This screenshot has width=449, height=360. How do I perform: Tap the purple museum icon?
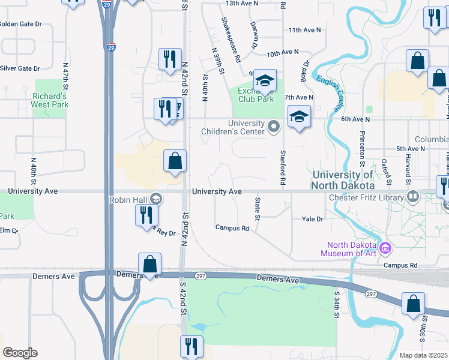385,247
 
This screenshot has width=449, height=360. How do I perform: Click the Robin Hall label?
128,199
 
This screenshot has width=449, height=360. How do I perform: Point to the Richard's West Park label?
50,100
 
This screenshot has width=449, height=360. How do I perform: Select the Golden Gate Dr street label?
20,25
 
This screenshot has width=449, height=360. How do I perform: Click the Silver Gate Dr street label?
20,68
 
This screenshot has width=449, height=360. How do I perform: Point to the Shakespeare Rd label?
231,40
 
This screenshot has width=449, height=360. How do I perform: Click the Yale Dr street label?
312,220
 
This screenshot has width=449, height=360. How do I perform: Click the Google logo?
20,353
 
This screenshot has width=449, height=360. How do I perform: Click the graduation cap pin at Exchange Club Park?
264,80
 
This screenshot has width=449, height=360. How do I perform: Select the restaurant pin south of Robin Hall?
146,215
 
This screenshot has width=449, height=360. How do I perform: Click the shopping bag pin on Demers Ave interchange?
149,264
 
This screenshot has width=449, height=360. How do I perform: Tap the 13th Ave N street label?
241,4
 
